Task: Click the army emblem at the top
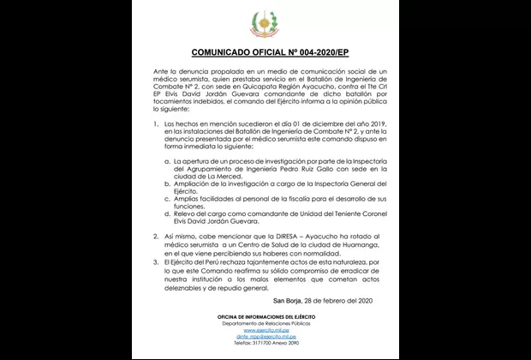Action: tap(265, 22)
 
